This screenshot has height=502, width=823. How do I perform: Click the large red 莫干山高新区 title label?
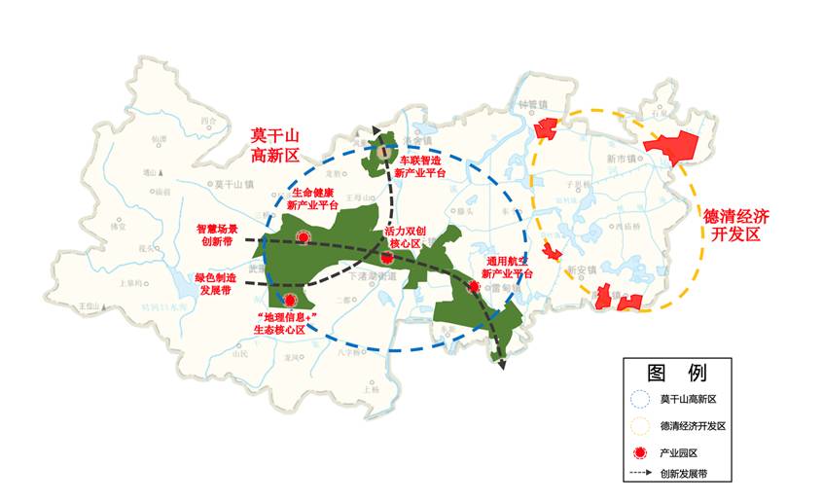click(273, 144)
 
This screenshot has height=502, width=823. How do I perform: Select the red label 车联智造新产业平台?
click(422, 166)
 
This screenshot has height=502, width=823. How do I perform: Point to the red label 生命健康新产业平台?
click(313, 199)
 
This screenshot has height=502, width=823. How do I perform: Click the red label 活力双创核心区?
click(403, 236)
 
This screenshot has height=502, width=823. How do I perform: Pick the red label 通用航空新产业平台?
click(508, 269)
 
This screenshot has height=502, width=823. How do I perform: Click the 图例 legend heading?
click(677, 372)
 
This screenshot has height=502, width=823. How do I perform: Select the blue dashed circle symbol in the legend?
click(638, 399)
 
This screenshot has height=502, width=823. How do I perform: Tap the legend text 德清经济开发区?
click(694, 426)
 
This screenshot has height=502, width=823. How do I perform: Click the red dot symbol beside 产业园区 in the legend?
click(638, 452)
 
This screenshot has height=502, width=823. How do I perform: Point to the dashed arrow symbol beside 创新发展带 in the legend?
click(639, 475)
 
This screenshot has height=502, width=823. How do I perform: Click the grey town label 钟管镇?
click(535, 106)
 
